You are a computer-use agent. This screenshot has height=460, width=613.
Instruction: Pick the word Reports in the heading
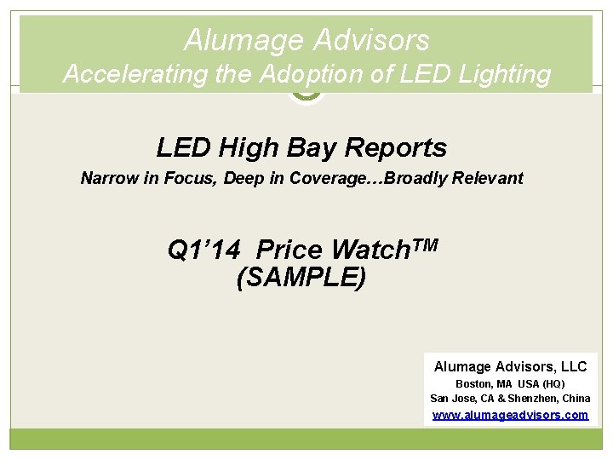coord(396,148)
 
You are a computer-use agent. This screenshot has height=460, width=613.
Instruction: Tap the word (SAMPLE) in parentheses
coord(301,278)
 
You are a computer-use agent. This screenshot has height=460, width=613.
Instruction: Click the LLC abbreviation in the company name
coord(571,366)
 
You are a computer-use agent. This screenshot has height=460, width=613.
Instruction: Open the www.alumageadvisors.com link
coord(510,415)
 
